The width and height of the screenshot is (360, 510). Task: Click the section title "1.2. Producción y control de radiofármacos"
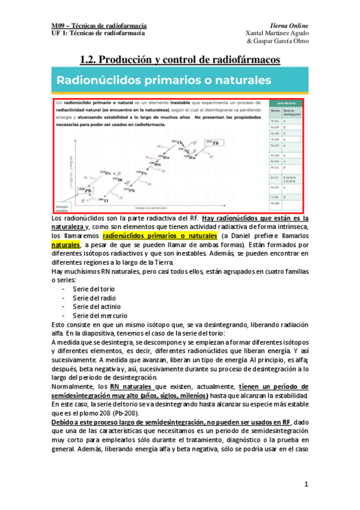180,59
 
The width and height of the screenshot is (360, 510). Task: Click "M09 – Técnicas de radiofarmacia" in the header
99,26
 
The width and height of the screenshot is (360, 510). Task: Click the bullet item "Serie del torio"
94,289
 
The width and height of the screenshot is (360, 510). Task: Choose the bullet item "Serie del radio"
94,298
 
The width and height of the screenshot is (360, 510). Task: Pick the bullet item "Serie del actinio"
96,306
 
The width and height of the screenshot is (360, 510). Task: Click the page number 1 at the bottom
306,484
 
